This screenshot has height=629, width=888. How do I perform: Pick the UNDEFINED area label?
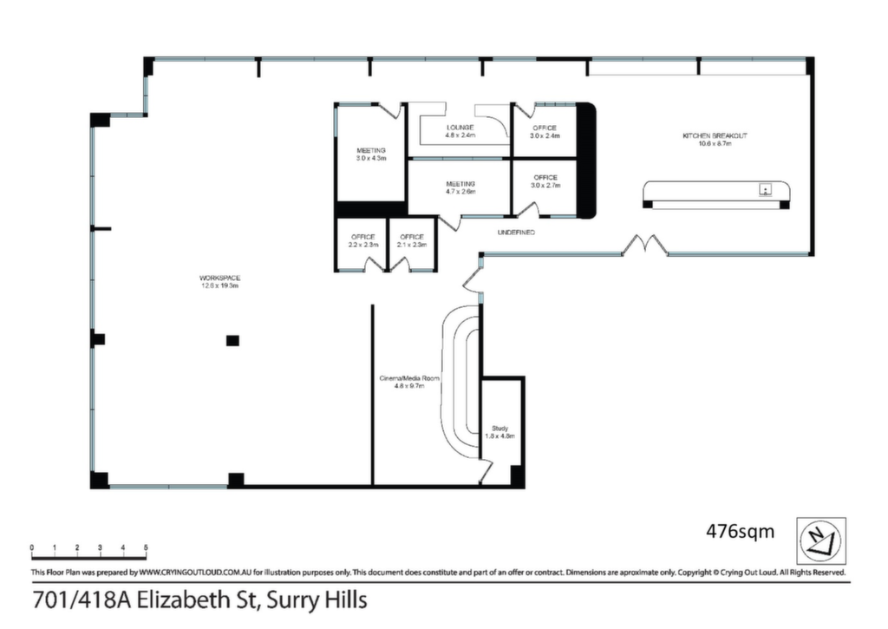[516, 233]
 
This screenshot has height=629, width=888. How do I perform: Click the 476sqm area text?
[740, 532]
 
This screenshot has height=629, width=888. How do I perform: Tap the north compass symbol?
[821, 540]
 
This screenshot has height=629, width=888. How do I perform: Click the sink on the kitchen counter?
[765, 190]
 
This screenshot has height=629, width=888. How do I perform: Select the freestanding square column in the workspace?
[232, 341]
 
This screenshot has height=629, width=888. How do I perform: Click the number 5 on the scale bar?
[146, 548]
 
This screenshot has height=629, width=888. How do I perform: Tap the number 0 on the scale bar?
[32, 548]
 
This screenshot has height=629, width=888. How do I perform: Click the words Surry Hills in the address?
[317, 600]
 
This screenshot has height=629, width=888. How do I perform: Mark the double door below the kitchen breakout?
[645, 246]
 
